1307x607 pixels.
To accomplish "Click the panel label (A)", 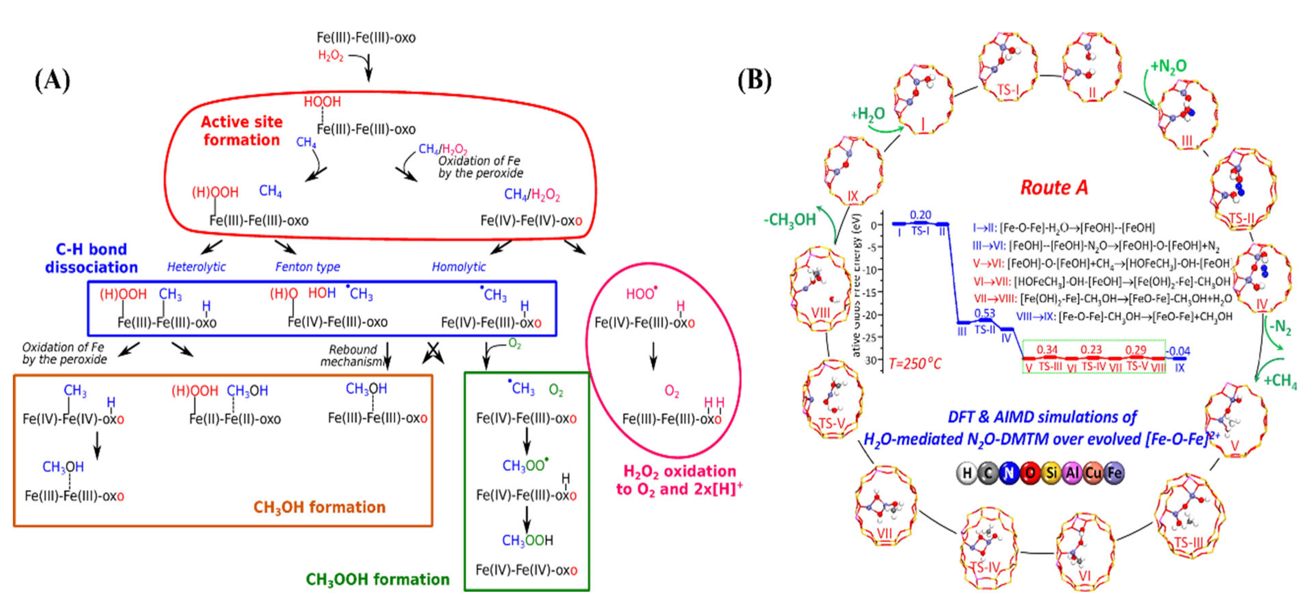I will (52, 81).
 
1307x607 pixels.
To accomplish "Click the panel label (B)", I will (754, 81).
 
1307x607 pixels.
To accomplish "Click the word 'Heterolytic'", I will (196, 267).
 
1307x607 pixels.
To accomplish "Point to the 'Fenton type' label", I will (308, 267).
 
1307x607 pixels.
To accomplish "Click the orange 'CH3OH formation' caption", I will (319, 507).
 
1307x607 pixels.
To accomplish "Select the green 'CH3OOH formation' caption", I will (377, 579).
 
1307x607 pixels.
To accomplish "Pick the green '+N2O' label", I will (1169, 66).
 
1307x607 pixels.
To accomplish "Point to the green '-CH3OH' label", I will (790, 220).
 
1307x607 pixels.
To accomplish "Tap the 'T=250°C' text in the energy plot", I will (915, 363).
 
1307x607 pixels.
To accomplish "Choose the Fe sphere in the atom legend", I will (1114, 473).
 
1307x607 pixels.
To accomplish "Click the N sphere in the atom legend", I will (1009, 473).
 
